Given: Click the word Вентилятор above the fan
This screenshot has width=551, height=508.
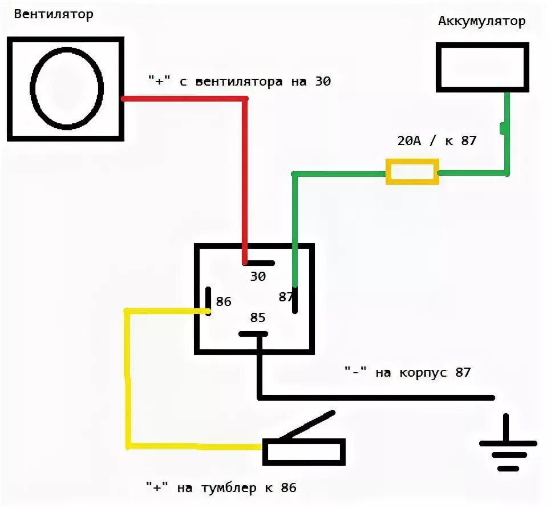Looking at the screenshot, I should tap(54, 14).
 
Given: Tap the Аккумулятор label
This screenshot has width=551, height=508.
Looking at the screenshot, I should tap(481, 22).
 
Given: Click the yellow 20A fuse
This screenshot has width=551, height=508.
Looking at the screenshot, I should tap(412, 171).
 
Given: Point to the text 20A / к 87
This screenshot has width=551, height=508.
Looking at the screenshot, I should tap(436, 140).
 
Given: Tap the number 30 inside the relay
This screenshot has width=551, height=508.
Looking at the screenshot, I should tap(258, 277).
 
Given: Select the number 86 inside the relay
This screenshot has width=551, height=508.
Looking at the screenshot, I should tap(224, 301).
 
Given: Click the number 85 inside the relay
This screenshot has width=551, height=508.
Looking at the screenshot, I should tap(258, 317).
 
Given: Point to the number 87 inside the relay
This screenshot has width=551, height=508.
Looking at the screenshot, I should tap(285, 297).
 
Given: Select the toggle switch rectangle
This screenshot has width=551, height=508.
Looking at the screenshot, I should tap(304, 452).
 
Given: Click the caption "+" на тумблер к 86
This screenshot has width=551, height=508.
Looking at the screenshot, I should tap(221, 488).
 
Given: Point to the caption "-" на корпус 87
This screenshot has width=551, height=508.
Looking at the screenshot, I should tap(408, 373).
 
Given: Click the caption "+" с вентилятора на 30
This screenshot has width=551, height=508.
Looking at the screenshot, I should tap(238, 82).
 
